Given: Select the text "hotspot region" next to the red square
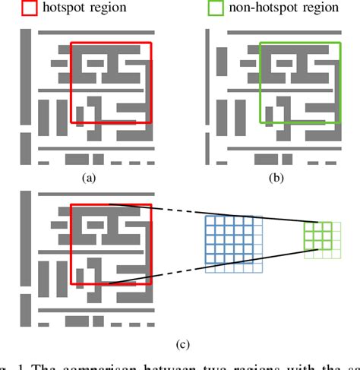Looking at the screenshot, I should coord(86,9).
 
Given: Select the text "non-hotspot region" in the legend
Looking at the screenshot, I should coord(283,9).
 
